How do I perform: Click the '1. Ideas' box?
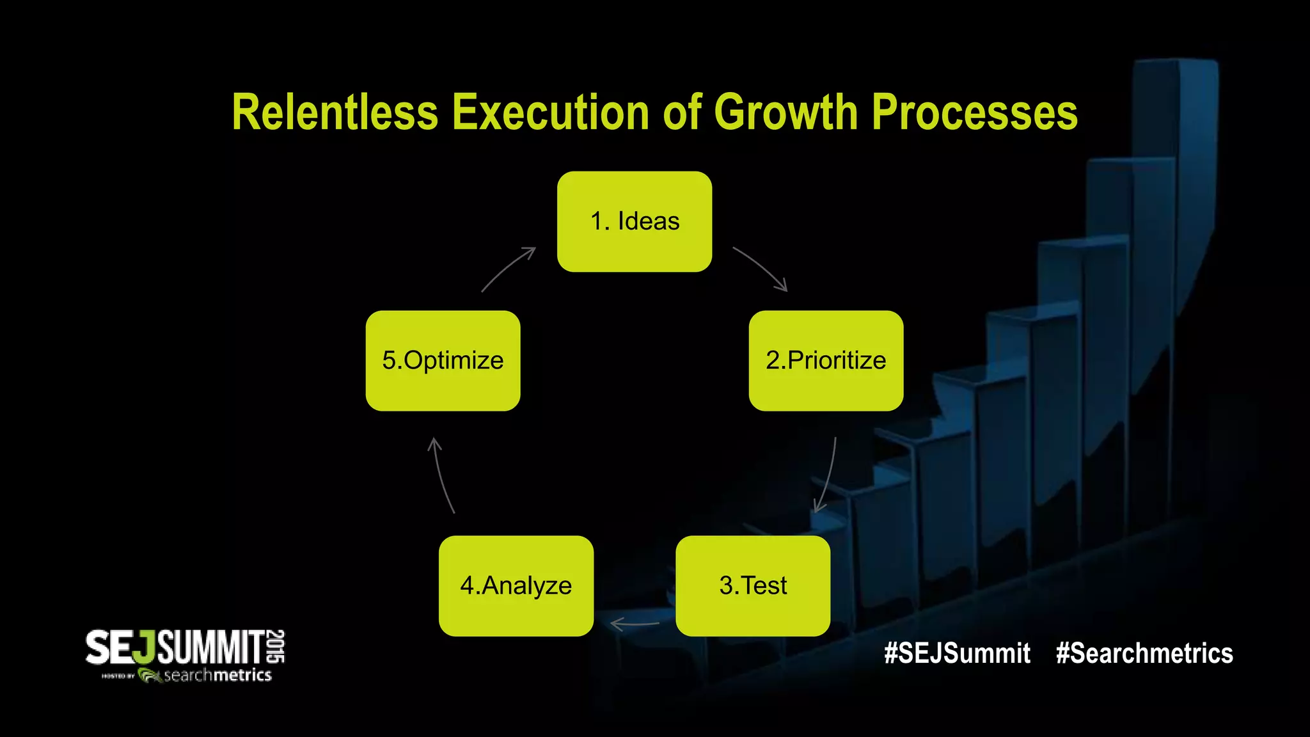coord(635,221)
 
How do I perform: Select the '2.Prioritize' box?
coord(826,361)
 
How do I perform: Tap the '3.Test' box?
coord(753,586)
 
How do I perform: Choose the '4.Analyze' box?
coord(516,586)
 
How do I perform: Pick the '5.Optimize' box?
coord(443,361)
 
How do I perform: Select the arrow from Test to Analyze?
coord(635,624)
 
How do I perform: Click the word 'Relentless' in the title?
coord(335,113)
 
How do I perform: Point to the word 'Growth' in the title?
coord(785,113)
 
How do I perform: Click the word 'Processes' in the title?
coord(974,113)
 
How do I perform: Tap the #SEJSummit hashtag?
coord(957,653)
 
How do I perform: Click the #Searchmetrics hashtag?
coord(1144,653)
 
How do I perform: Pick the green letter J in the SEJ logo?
coord(146,647)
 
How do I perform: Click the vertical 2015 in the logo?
coord(276,646)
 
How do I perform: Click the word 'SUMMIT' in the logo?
coord(211,647)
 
